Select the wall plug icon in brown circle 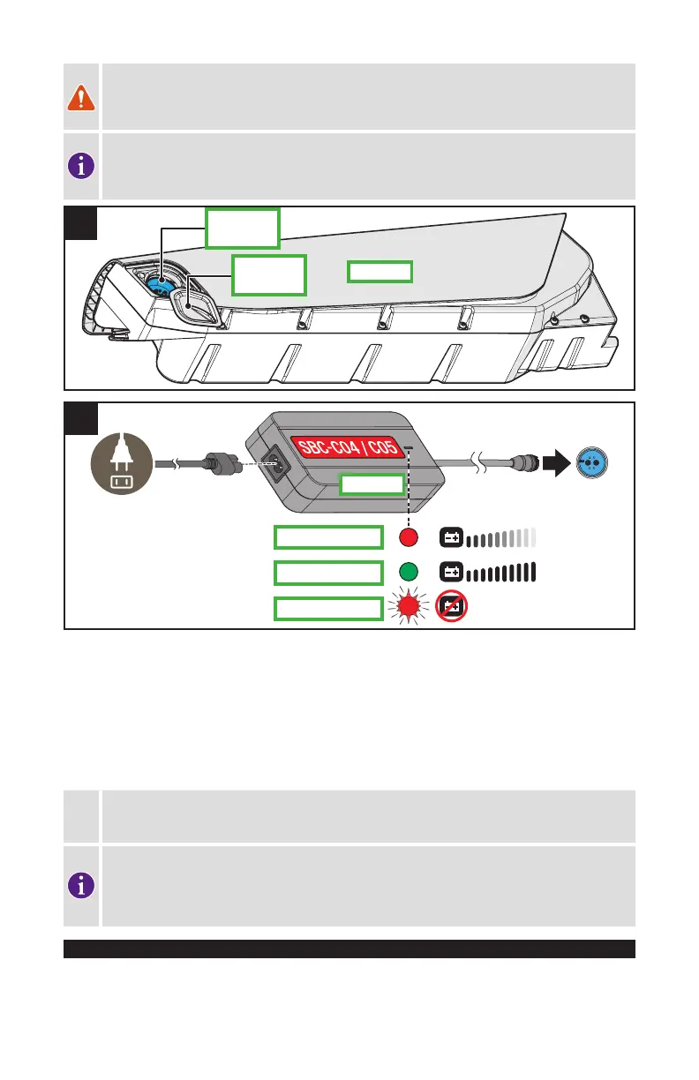(121, 464)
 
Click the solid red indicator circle (408, 536)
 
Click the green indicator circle (408, 572)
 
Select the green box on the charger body (372, 484)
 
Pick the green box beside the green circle (328, 573)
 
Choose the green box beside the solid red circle (328, 536)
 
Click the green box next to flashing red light (328, 608)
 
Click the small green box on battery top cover (380, 271)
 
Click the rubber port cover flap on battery (199, 304)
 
